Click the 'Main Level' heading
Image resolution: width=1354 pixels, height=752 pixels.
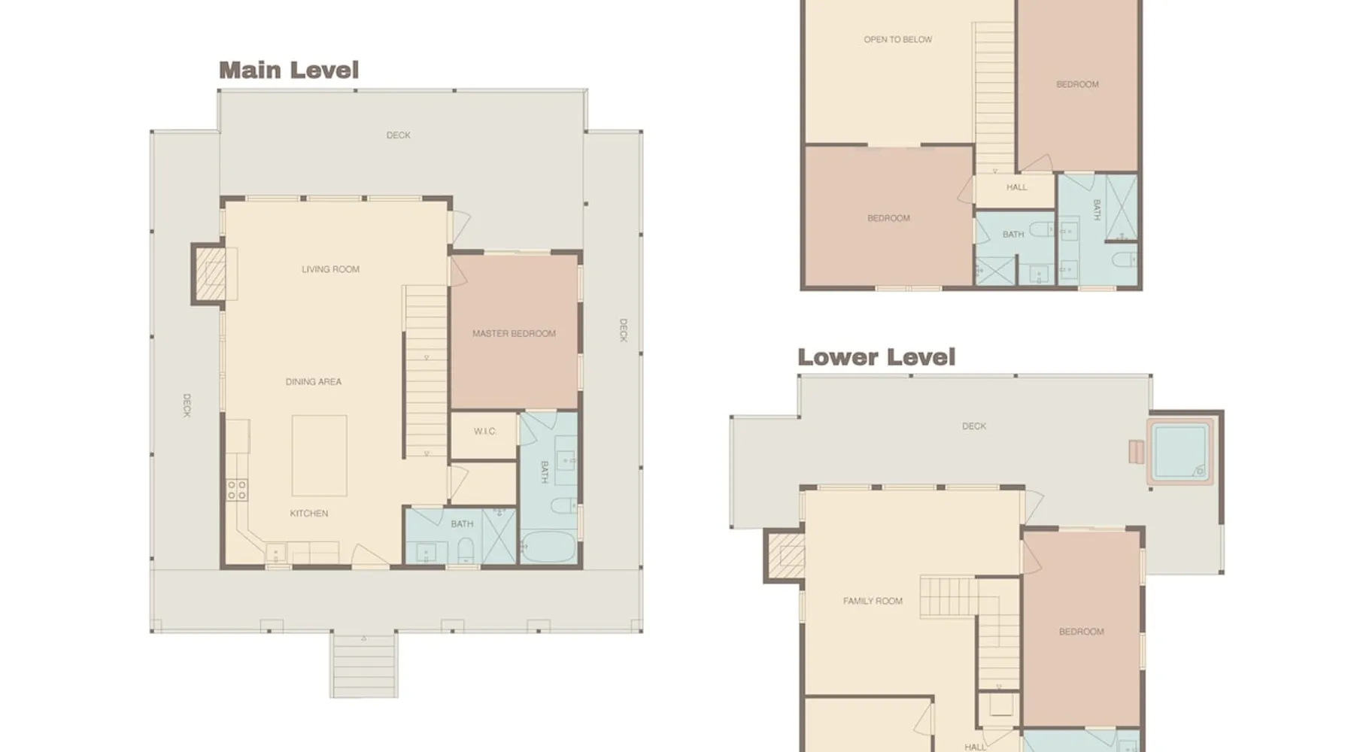(289, 70)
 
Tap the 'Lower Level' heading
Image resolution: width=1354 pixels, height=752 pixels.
(876, 356)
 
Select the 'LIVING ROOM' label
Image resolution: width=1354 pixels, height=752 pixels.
(330, 269)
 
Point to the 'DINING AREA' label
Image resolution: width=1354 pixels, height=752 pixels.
(314, 382)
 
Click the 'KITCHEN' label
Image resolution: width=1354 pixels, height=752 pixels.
(309, 514)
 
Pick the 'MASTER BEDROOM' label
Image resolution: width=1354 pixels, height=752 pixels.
(514, 334)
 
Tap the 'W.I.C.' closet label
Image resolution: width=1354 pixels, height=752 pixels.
(485, 432)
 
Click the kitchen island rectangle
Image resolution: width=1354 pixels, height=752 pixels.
(320, 456)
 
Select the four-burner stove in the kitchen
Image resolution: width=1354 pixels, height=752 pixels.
(237, 490)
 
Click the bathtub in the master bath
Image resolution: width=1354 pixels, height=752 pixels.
(548, 547)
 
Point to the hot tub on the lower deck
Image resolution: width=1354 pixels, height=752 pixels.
(1179, 451)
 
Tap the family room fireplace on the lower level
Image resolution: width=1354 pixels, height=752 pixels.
(785, 556)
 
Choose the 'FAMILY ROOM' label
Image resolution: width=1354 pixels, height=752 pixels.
(873, 602)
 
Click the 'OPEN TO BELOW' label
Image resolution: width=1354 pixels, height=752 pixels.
(898, 40)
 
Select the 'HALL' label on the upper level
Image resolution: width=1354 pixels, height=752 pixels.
(1016, 187)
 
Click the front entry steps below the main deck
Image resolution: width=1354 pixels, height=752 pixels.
(364, 666)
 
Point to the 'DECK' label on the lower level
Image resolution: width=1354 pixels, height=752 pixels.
(974, 426)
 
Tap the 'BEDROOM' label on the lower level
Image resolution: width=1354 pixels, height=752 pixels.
(1082, 632)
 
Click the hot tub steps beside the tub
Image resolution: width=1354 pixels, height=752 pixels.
(1136, 452)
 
